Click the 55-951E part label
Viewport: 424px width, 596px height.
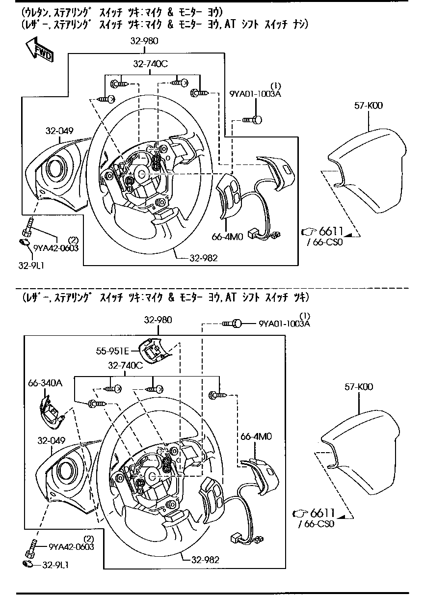click(x=112, y=351)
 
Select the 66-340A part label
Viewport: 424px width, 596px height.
click(x=45, y=382)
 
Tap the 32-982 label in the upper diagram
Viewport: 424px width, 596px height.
click(x=204, y=258)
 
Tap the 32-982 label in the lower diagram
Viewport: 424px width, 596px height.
click(x=205, y=559)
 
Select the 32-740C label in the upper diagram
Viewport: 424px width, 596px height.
click(x=151, y=63)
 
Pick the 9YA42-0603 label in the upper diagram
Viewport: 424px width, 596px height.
click(x=55, y=248)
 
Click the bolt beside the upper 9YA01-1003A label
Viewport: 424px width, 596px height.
click(x=253, y=119)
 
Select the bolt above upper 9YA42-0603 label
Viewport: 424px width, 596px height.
click(x=28, y=226)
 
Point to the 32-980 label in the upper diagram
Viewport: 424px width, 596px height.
click(x=144, y=41)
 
